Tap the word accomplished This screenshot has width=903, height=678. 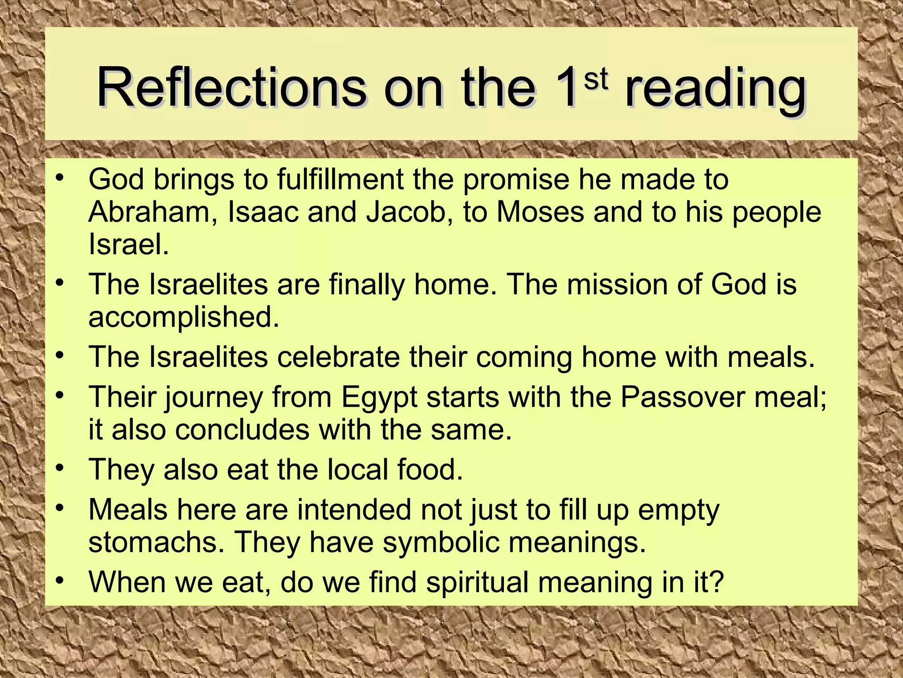click(183, 317)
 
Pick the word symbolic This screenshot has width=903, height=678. click(441, 543)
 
